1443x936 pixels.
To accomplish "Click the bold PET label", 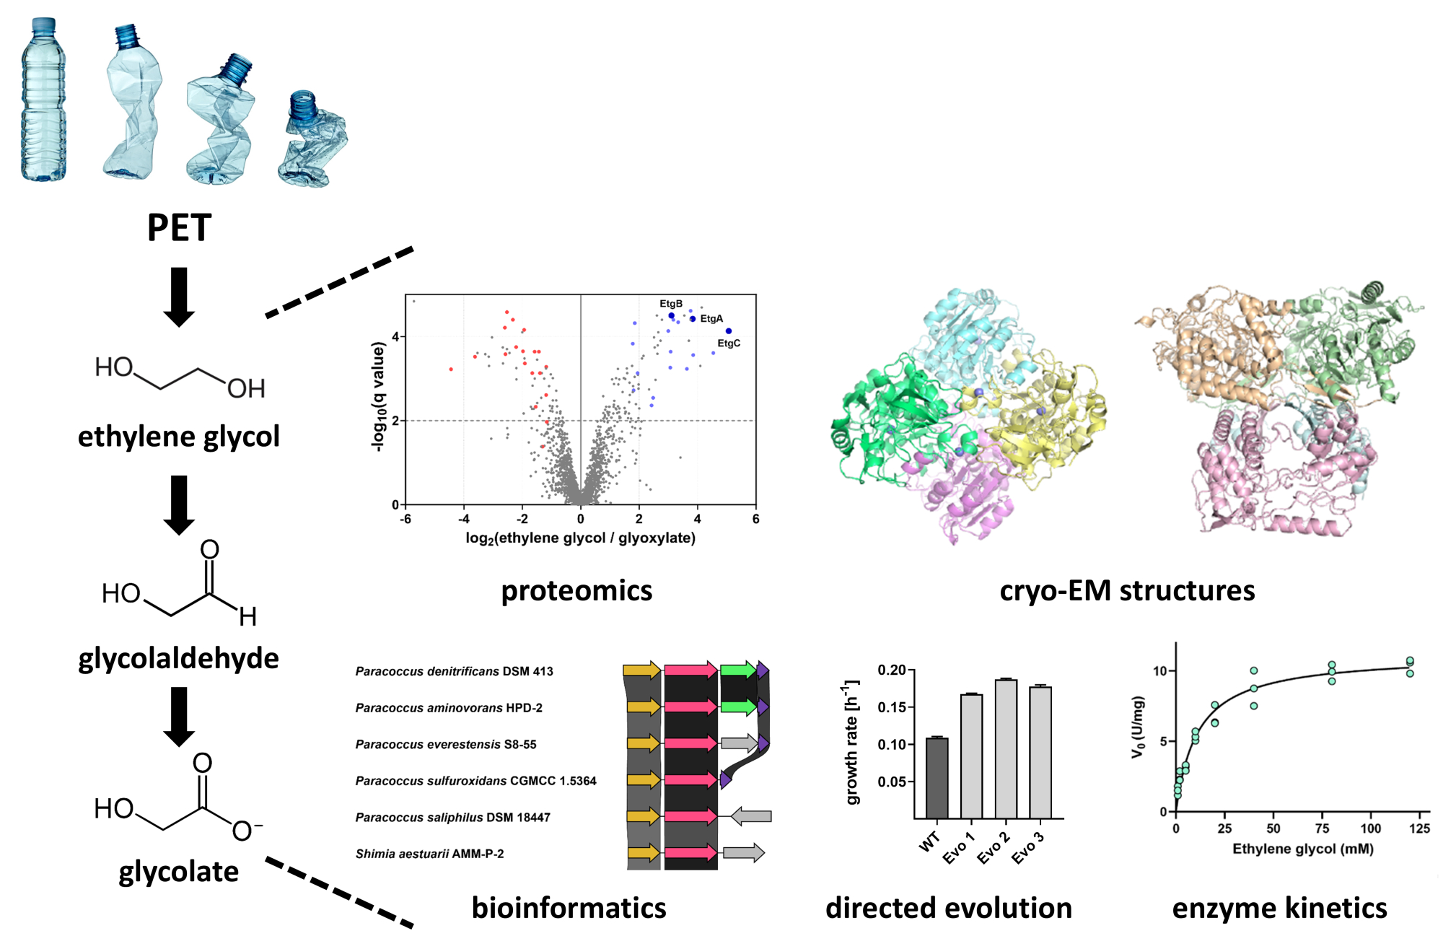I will click(179, 228).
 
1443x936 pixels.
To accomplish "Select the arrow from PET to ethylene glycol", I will click(179, 297).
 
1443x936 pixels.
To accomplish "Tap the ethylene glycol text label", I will click(179, 437).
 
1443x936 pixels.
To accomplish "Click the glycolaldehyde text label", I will click(179, 658).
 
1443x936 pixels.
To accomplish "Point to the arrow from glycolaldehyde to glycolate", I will click(179, 716).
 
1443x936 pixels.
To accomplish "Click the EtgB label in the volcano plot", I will click(671, 304).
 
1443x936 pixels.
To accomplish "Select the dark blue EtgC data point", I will click(729, 331).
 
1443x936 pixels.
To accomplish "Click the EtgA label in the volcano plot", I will click(711, 318).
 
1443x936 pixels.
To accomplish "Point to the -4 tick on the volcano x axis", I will click(464, 519).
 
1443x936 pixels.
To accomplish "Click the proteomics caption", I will click(576, 590).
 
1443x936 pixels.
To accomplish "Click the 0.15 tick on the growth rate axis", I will click(891, 707).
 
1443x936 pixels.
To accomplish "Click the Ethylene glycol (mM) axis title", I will click(1302, 849).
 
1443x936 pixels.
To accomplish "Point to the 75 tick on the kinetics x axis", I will click(1322, 828).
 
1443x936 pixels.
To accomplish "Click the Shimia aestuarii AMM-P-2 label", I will click(429, 854).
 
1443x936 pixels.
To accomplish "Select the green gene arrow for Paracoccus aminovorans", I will click(738, 707).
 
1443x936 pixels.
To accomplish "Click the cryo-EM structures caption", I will click(1127, 590).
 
